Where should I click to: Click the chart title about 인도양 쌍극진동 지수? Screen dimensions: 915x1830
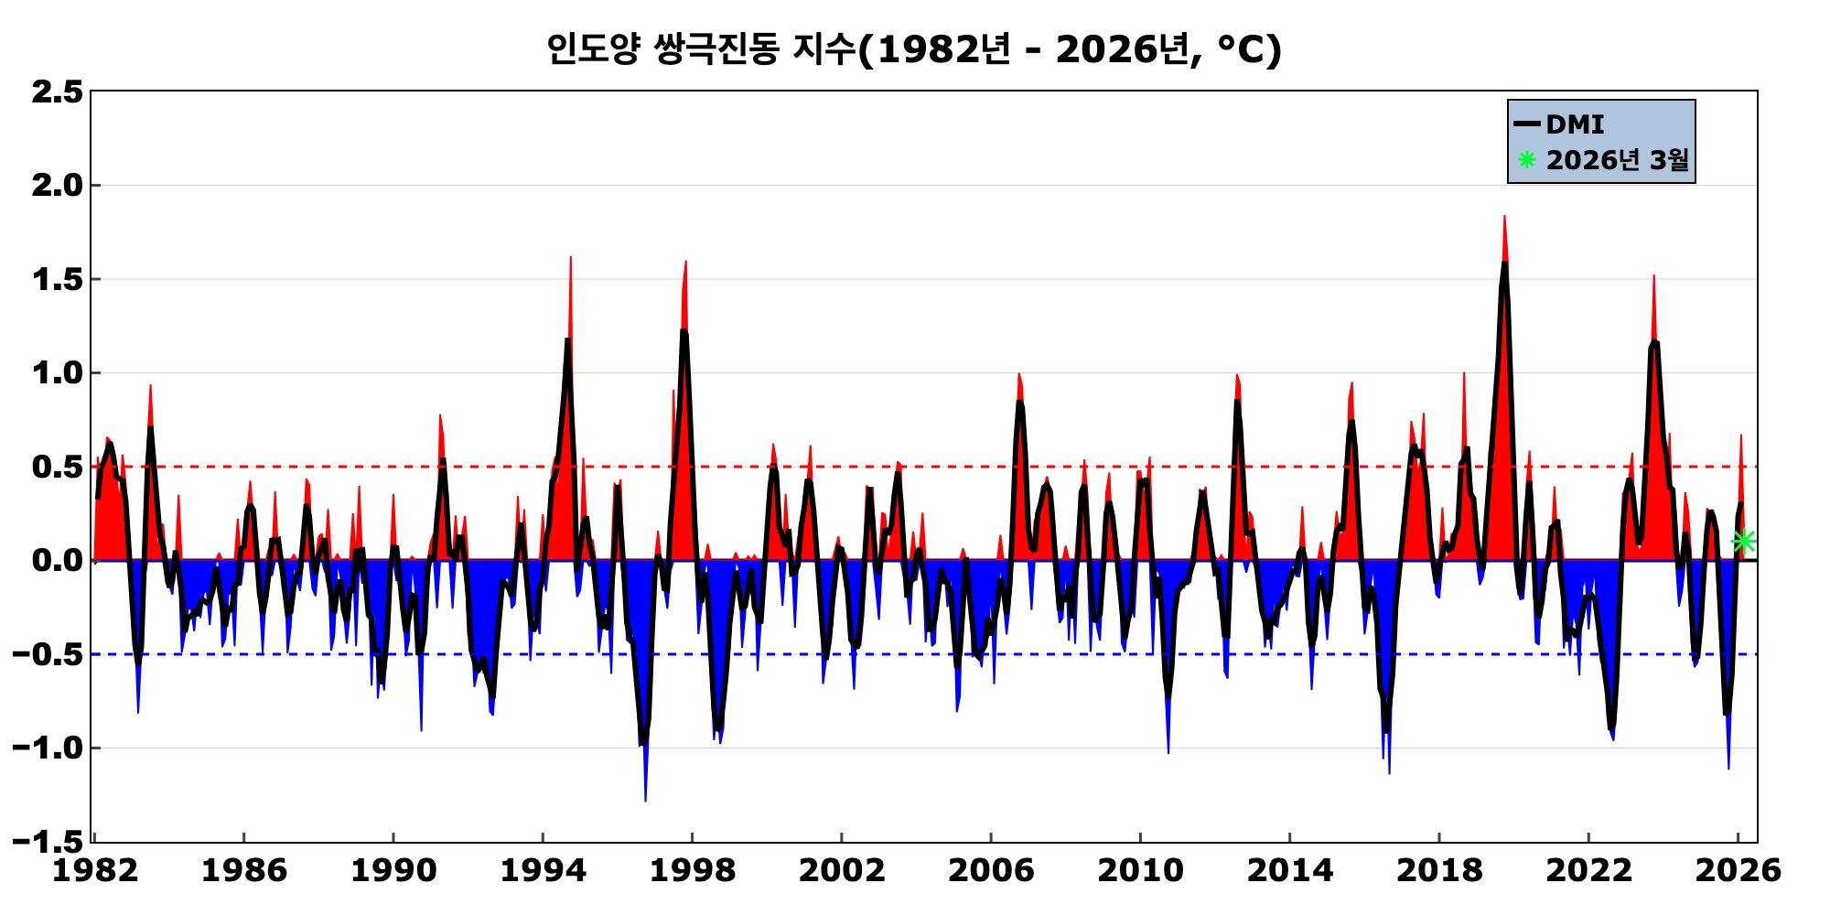(x=913, y=49)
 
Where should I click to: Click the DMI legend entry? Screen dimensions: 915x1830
(x=1574, y=124)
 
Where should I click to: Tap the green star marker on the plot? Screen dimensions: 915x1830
(x=1744, y=541)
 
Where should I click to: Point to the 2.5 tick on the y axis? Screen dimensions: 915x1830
(x=57, y=92)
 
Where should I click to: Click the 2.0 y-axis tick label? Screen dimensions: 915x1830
(x=57, y=186)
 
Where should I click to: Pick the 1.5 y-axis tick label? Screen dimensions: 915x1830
(x=57, y=280)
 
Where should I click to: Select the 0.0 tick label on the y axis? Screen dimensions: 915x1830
(x=57, y=560)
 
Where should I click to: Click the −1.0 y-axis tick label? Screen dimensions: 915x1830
(x=48, y=748)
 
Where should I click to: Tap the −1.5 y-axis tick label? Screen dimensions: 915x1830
(x=48, y=841)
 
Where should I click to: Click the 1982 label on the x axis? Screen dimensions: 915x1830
(x=94, y=870)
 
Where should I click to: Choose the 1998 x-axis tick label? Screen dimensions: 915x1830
(x=692, y=870)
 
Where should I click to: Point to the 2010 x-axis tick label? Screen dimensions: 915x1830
(x=1140, y=870)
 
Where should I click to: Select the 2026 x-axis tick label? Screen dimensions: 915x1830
(x=1738, y=870)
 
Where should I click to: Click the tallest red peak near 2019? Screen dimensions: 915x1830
(x=1503, y=217)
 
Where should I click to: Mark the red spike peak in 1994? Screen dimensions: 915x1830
(x=570, y=258)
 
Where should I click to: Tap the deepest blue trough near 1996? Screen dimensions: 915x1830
(x=645, y=801)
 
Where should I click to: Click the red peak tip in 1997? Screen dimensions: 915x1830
(x=685, y=262)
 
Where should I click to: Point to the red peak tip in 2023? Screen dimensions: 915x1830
(x=1653, y=275)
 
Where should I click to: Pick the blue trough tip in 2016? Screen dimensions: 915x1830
(x=1389, y=773)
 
